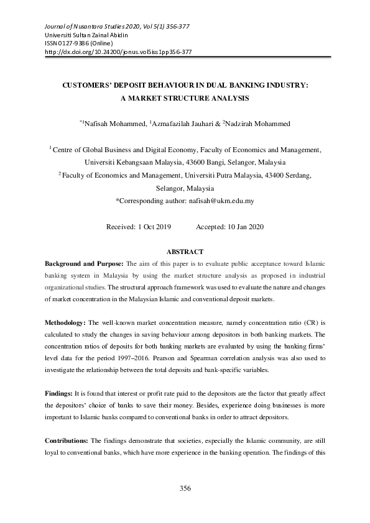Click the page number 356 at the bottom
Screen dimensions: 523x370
click(x=185, y=489)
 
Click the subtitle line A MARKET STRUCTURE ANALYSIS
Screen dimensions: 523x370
click(x=185, y=98)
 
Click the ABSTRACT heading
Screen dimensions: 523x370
click(x=185, y=252)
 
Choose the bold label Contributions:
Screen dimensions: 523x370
click(x=67, y=441)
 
